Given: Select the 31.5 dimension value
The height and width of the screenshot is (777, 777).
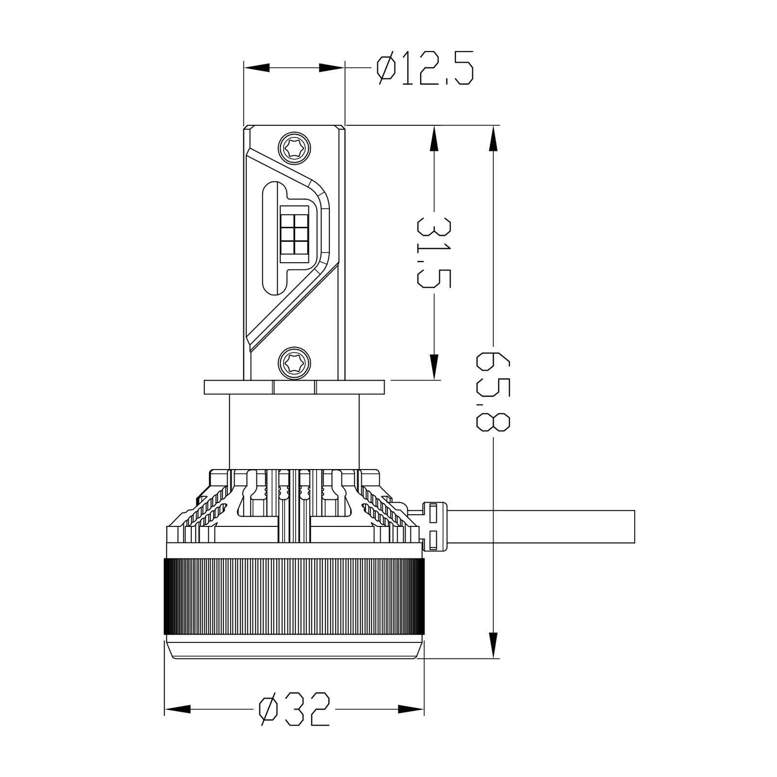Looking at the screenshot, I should [x=434, y=253].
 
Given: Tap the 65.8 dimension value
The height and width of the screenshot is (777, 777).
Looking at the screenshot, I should [x=493, y=390].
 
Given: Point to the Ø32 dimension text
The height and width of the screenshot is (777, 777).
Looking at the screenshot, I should [x=294, y=709].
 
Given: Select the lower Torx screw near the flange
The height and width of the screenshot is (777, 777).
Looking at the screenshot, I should [x=294, y=361].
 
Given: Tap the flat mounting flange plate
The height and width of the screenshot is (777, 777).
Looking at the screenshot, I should [x=294, y=387].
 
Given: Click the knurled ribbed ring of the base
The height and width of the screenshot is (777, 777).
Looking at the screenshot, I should [x=294, y=596].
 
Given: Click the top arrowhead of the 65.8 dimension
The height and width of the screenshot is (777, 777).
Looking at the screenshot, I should [x=493, y=138].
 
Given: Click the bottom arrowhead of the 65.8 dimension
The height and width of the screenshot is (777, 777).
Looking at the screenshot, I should [x=493, y=645].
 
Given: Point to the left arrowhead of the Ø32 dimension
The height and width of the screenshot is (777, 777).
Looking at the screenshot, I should [x=178, y=709].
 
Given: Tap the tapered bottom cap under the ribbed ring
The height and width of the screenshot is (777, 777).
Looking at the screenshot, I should [x=294, y=648].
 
